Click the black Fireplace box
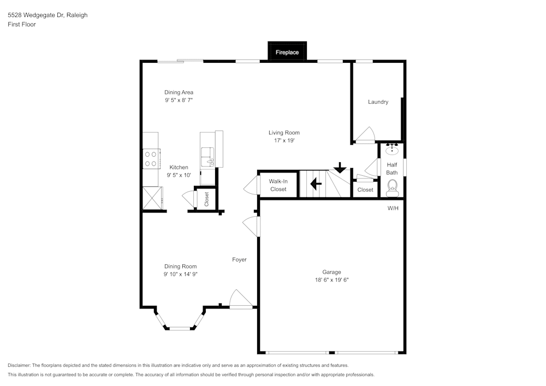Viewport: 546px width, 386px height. coord(287,52)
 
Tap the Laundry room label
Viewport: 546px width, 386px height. coord(378,102)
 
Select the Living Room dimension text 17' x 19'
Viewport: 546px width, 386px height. coord(284,140)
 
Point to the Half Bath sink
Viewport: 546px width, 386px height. coord(392,149)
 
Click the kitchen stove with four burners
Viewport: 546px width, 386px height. coord(150,159)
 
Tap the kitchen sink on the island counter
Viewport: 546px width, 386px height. coord(208,157)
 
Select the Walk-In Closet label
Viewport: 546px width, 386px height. coord(278,185)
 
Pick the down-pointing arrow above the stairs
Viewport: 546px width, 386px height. coord(340,167)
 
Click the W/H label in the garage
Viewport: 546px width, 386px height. coord(393,209)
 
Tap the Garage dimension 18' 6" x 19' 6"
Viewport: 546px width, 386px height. coord(331,280)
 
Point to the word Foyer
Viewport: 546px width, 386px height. coord(239,259)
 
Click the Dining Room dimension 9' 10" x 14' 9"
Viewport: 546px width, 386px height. coord(180,274)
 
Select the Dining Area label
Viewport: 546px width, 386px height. coord(179,92)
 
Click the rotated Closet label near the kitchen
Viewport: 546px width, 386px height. coord(206,198)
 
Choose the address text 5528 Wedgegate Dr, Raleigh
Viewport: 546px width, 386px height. coord(48,15)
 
